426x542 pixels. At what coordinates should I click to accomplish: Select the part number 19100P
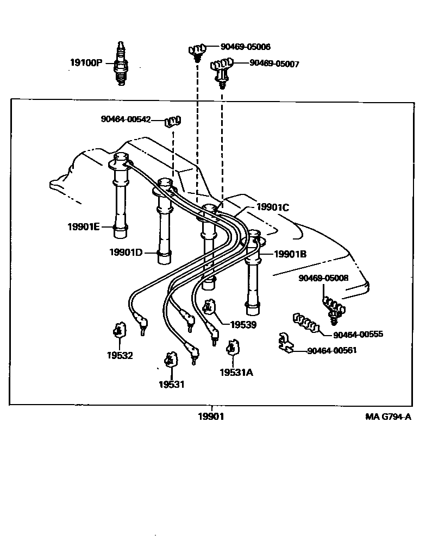(86, 62)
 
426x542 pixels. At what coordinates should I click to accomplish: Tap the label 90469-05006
(245, 47)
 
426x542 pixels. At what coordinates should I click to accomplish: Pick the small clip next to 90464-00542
(173, 121)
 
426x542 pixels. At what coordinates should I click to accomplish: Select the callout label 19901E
(83, 226)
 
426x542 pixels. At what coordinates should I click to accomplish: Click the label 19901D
(126, 252)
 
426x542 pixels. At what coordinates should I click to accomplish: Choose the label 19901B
(290, 254)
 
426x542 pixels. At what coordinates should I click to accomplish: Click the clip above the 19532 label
(118, 330)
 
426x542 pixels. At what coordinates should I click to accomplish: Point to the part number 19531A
(236, 373)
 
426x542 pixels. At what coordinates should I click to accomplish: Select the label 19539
(243, 325)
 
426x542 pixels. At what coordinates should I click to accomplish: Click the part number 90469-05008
(323, 278)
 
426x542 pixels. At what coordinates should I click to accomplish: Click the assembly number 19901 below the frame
(210, 417)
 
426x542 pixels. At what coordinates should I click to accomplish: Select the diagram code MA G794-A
(388, 417)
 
